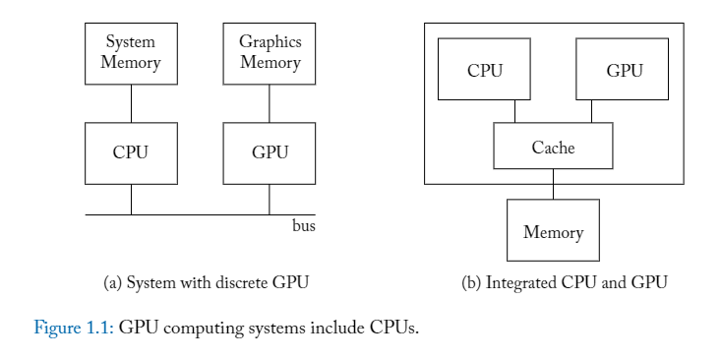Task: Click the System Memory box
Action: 131,53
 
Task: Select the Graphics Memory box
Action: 270,53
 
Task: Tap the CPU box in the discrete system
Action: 131,152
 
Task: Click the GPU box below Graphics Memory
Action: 270,152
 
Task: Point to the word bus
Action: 304,226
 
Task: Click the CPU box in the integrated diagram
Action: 484,70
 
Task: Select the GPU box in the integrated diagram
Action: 624,70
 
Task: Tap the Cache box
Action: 553,147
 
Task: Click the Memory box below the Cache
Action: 553,231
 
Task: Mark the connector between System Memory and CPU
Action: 131,103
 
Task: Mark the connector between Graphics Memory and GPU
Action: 270,103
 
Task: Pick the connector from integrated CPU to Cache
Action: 514,111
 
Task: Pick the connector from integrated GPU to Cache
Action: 591,111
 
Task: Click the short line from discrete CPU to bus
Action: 131,200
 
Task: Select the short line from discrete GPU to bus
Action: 270,200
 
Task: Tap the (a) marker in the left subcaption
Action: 112,283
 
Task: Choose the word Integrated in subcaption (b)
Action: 520,283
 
